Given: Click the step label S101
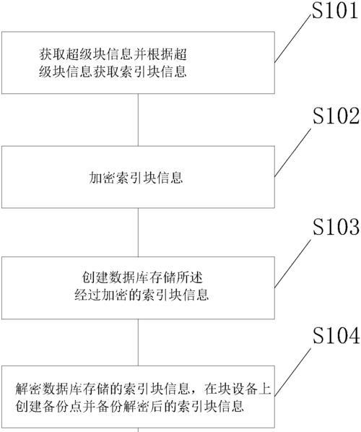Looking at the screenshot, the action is point(335,10).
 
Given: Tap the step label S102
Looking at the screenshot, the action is point(336,116).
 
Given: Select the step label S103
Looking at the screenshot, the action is point(336,227).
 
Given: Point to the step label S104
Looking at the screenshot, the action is point(336,335).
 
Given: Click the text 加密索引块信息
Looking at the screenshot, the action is point(136,177).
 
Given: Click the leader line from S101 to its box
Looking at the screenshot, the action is point(292,39).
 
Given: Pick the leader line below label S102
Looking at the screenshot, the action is point(292,152).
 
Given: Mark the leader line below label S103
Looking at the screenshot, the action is point(292,264).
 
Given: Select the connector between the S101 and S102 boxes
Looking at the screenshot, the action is point(138,120).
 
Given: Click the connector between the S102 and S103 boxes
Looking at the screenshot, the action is point(138,233).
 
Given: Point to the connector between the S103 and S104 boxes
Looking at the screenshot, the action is point(138,342).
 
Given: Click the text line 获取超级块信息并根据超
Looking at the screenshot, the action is point(113,54).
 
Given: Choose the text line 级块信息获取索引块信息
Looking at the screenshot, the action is point(113,72).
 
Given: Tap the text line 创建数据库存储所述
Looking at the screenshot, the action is point(142,277).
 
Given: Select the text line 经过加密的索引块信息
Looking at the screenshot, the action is point(142,295).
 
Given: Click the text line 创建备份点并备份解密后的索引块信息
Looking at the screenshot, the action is point(129,407).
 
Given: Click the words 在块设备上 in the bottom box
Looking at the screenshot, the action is point(238,389).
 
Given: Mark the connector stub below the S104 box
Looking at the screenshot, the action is point(138,430).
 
